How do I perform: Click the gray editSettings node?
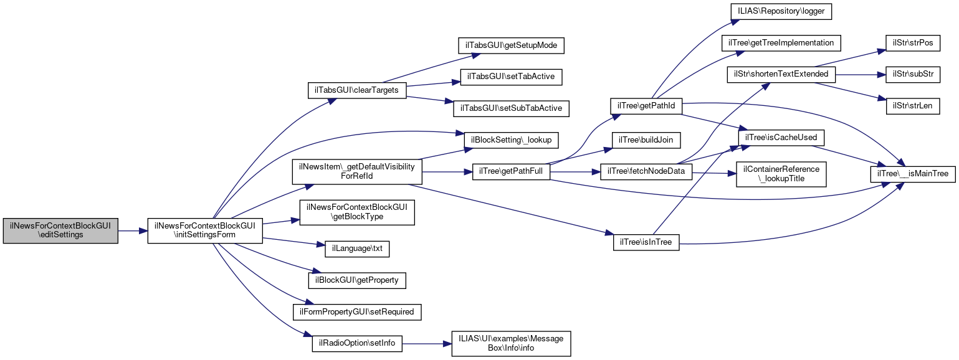60,230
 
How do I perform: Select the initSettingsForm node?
205,230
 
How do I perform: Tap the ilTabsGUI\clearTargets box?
357,90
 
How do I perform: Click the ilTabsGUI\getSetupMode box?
511,45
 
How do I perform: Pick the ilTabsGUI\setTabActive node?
511,77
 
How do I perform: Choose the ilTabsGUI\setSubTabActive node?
511,108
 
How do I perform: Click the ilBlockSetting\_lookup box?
511,140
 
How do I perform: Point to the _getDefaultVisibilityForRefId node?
358,171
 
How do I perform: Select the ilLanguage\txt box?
357,249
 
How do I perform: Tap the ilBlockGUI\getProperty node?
357,280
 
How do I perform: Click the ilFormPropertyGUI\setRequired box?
357,311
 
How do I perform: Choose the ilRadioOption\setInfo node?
357,343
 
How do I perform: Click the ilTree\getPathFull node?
511,171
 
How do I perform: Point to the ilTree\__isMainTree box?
913,174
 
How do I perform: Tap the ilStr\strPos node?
913,43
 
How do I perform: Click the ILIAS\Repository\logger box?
781,12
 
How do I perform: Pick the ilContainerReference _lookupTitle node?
781,174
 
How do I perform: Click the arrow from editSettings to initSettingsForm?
132,230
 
